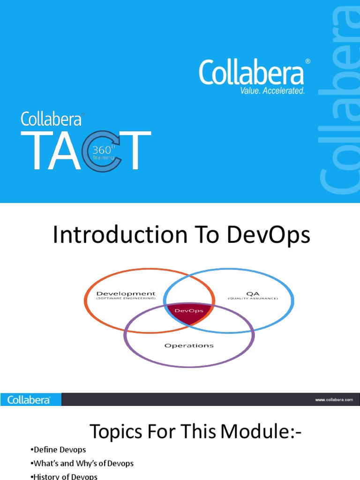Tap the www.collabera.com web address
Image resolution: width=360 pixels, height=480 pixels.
(333, 400)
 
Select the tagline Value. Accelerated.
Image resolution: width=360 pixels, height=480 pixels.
(272, 90)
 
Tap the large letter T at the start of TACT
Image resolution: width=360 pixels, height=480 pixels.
(34, 151)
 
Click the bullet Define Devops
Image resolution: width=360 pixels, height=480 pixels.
(58, 450)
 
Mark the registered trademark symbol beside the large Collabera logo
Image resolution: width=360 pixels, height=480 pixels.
(307, 61)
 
